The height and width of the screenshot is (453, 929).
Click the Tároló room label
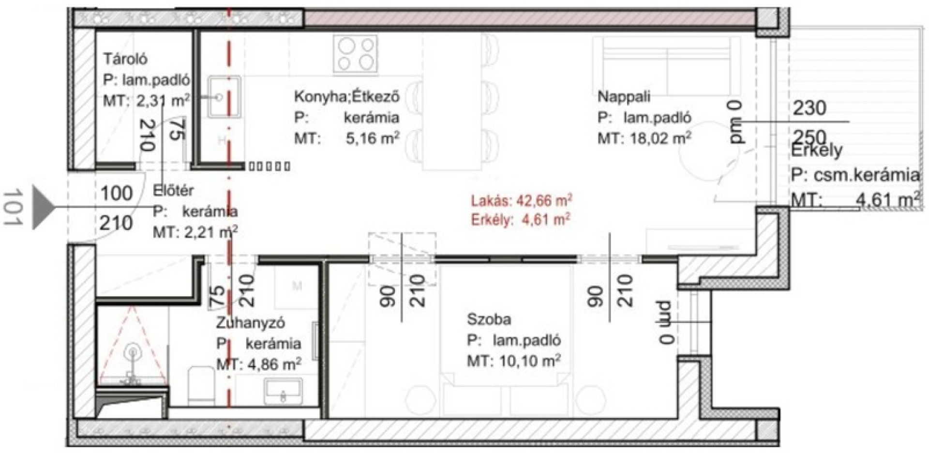(125, 59)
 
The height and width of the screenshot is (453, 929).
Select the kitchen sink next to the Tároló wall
(224, 96)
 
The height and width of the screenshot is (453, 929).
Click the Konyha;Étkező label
(347, 96)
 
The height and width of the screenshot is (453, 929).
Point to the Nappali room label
(624, 96)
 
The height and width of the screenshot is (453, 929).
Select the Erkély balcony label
(816, 151)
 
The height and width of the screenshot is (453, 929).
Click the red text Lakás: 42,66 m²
(522, 200)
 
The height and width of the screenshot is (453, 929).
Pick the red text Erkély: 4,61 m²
(520, 220)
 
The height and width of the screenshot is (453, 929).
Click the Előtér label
(173, 190)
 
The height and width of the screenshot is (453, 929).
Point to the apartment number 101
(15, 207)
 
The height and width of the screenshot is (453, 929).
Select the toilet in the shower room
(198, 386)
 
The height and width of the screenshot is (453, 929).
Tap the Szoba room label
(489, 319)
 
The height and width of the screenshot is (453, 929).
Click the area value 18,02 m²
(660, 138)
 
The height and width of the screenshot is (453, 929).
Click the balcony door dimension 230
(810, 107)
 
